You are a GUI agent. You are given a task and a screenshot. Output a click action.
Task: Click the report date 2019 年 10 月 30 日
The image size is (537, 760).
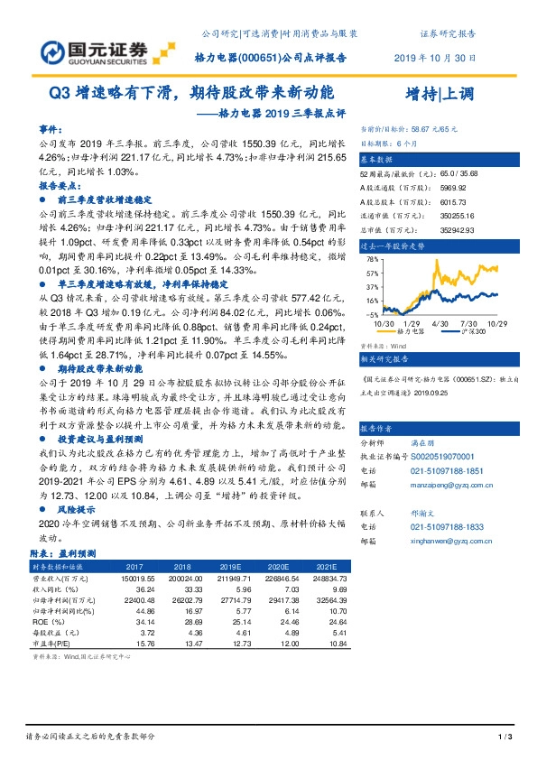coord(435,57)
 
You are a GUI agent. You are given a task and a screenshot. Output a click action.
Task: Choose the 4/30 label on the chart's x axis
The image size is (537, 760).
coord(440,322)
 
